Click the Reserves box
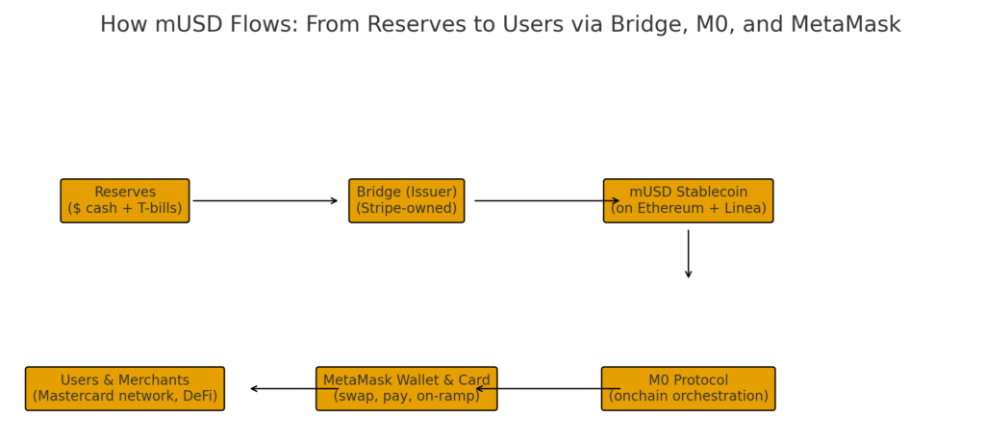tap(125, 200)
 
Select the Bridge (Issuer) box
tap(407, 200)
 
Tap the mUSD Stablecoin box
tap(689, 200)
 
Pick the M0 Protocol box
tap(689, 389)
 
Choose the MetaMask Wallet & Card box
tap(407, 389)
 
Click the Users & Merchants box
tap(125, 389)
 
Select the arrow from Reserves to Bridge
tap(265, 200)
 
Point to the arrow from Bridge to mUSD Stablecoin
tap(547, 200)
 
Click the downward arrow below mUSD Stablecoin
tap(689, 253)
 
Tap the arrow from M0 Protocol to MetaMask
tap(547, 389)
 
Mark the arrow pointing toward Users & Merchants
tap(294, 389)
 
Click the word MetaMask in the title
tap(846, 24)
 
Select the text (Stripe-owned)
tap(407, 208)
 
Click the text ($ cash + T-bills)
tap(125, 208)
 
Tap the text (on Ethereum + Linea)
tap(689, 208)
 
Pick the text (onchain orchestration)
tap(689, 397)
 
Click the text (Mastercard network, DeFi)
tap(125, 397)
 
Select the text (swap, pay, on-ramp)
tap(407, 397)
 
